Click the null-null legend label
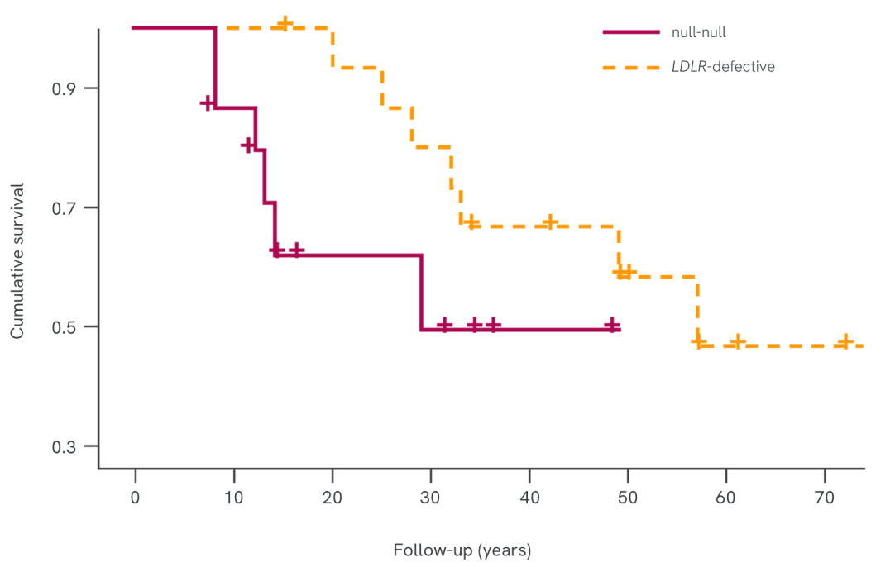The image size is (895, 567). tap(699, 33)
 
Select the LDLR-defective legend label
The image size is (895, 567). tap(723, 67)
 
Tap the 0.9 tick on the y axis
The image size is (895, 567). tap(64, 88)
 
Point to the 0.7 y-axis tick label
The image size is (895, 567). tap(64, 207)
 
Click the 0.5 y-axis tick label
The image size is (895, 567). tap(64, 327)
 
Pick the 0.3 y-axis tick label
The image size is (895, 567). tap(64, 446)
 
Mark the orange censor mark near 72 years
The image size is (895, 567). tap(845, 341)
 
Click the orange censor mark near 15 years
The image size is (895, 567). tap(285, 23)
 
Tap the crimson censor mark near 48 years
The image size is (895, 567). tap(611, 326)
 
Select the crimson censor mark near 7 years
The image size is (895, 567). tap(208, 102)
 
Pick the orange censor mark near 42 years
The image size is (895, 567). tap(549, 222)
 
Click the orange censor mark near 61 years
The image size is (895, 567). tap(737, 342)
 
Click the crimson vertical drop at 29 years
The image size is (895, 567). tap(422, 293)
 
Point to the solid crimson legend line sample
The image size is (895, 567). tap(631, 32)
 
